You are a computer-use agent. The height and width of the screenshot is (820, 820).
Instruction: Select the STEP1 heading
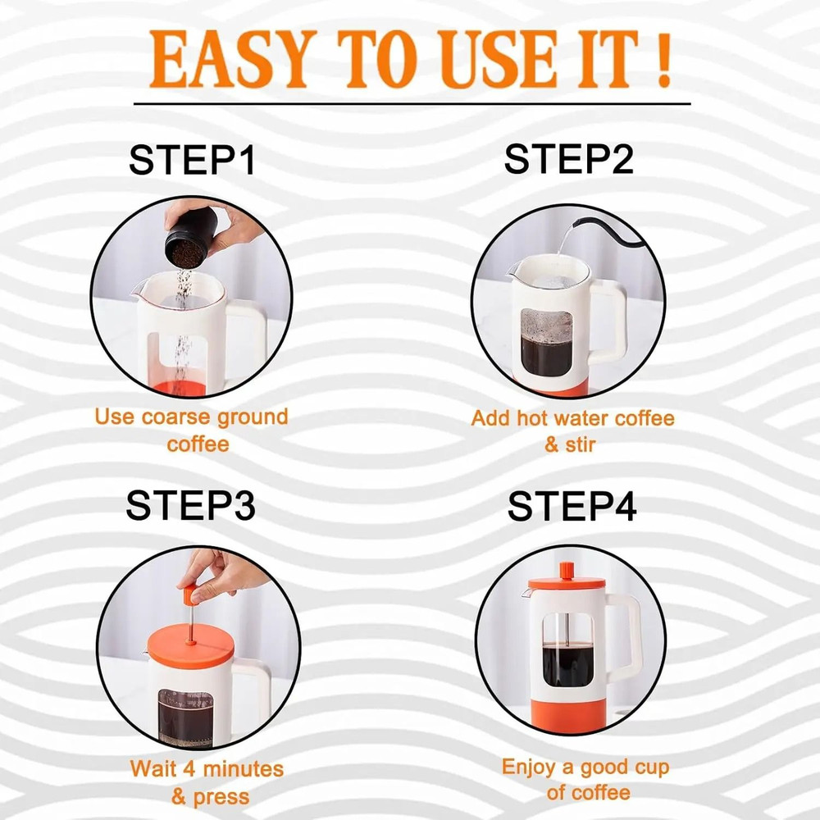coord(192,160)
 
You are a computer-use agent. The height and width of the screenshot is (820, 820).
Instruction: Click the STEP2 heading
coord(569,158)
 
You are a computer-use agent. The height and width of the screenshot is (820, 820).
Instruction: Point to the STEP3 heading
coord(190,506)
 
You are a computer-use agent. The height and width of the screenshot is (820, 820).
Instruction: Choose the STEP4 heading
coord(572,507)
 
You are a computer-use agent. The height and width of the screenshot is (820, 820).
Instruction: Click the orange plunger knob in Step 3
coord(189,592)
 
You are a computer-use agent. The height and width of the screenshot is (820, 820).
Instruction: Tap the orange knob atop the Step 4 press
coord(566,568)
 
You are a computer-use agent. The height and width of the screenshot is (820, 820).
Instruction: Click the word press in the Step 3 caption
coord(221,796)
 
